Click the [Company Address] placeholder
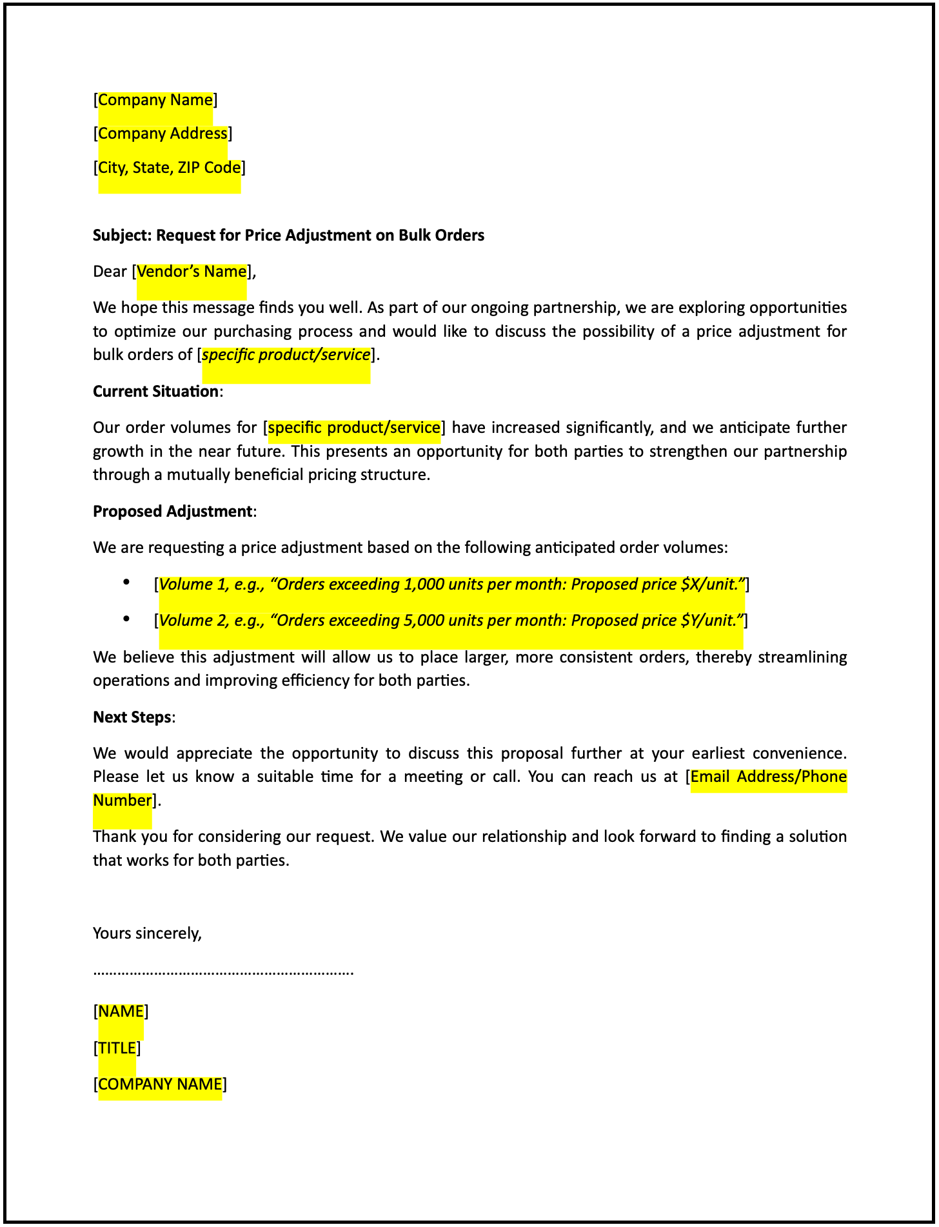(163, 134)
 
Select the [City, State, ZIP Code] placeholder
(169, 168)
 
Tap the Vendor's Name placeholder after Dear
(192, 272)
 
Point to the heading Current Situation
(155, 392)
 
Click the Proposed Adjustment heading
(172, 512)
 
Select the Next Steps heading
(132, 717)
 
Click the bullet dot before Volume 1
(126, 583)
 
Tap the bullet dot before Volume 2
(126, 619)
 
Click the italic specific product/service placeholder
(286, 355)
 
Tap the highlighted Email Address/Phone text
(768, 777)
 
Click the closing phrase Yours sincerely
(147, 933)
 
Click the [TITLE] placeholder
(117, 1048)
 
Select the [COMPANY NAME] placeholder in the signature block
(160, 1084)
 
